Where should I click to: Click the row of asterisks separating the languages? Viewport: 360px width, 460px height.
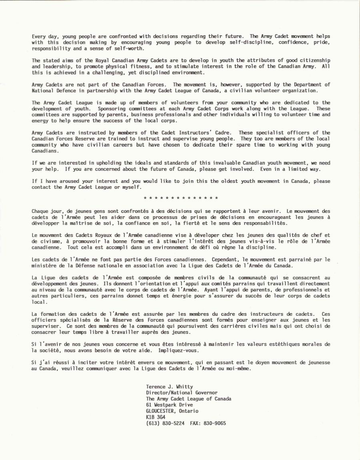click(x=180, y=198)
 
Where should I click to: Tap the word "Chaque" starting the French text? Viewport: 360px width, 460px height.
click(x=41, y=211)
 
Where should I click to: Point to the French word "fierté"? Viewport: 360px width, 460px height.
click(x=194, y=223)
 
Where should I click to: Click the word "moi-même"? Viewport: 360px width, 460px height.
click(x=239, y=368)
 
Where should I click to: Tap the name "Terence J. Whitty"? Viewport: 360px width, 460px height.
click(x=170, y=387)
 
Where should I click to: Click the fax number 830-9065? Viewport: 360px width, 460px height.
click(x=218, y=423)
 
